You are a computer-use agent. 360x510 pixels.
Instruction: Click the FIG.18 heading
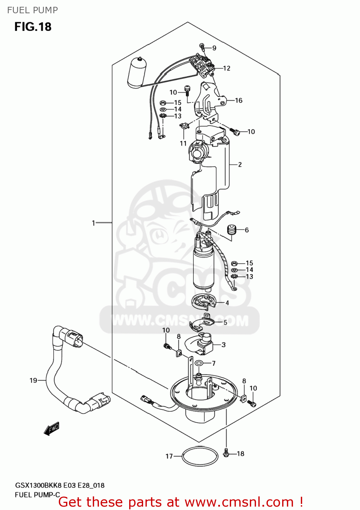(33, 27)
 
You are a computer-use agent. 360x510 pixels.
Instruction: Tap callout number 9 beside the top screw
(214, 48)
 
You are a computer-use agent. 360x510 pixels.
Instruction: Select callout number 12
(226, 68)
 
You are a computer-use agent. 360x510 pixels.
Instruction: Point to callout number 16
(239, 100)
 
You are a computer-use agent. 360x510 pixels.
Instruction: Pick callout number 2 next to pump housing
(240, 165)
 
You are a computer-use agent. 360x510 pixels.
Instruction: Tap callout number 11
(183, 143)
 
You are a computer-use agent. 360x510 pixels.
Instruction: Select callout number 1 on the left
(93, 223)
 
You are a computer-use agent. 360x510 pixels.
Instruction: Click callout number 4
(227, 303)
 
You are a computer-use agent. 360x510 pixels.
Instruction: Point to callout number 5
(225, 322)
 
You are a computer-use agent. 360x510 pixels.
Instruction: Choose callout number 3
(223, 345)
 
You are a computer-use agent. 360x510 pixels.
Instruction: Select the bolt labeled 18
(226, 453)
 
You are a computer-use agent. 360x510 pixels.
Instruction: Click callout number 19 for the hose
(33, 380)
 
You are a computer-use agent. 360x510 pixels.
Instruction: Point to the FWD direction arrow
(52, 429)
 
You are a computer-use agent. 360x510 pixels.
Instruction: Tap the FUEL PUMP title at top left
(33, 10)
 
